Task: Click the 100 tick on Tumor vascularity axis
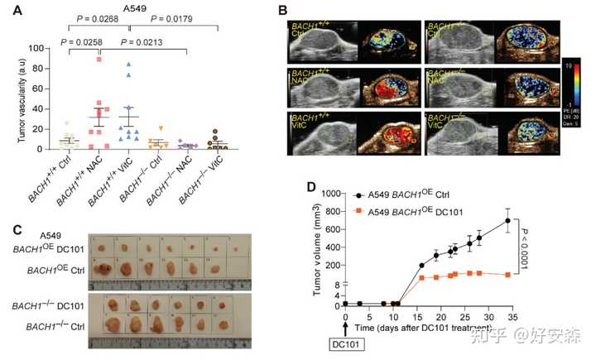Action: coord(36,49)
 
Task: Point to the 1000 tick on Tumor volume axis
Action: coord(330,193)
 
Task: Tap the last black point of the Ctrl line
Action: coord(507,220)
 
